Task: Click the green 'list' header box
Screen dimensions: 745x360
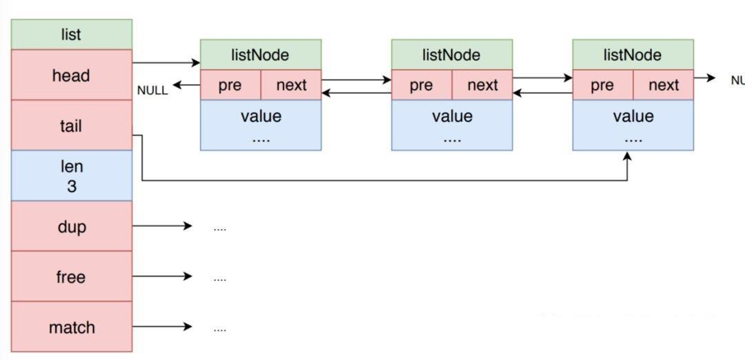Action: pyautogui.click(x=71, y=34)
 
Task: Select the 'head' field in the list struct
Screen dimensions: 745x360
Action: pyautogui.click(x=71, y=74)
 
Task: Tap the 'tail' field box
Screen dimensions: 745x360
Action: pyautogui.click(x=71, y=126)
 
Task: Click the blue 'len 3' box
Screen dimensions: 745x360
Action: pyautogui.click(x=71, y=176)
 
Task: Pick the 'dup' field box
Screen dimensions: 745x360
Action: pyautogui.click(x=71, y=226)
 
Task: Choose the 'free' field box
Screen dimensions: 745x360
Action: pyautogui.click(x=71, y=277)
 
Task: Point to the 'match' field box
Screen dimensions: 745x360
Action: pyautogui.click(x=71, y=327)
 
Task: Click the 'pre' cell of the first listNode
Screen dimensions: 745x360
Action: pyautogui.click(x=230, y=85)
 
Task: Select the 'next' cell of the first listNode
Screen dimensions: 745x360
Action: pyautogui.click(x=291, y=85)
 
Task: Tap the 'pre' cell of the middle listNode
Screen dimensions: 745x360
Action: pyautogui.click(x=422, y=85)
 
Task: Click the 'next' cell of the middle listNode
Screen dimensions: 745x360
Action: pyautogui.click(x=482, y=85)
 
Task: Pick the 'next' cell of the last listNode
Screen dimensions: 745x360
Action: pyautogui.click(x=664, y=85)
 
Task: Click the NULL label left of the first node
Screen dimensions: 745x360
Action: pyautogui.click(x=152, y=91)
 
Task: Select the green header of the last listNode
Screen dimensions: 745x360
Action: pyautogui.click(x=633, y=54)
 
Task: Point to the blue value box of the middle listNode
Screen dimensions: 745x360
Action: pyautogui.click(x=452, y=125)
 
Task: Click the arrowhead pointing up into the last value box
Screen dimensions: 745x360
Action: pyautogui.click(x=628, y=156)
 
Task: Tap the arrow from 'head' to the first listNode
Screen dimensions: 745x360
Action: pyautogui.click(x=166, y=63)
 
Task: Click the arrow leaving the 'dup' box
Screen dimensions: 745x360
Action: pyautogui.click(x=162, y=226)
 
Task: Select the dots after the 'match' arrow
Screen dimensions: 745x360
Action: pyautogui.click(x=219, y=329)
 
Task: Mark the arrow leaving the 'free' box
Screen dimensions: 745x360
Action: pyautogui.click(x=162, y=277)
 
